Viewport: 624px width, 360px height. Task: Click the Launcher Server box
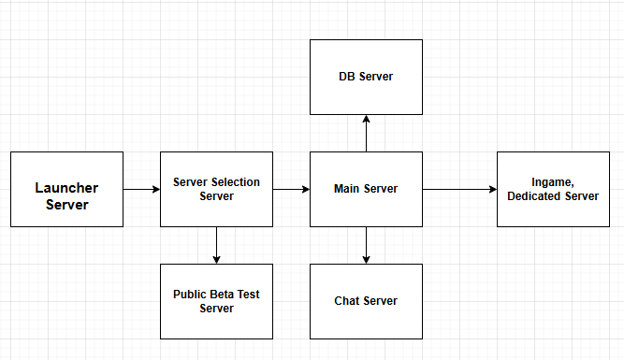tap(66, 189)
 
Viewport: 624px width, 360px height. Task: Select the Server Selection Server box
tap(216, 189)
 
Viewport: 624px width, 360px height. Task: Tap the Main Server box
tap(366, 189)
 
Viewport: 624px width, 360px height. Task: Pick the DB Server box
tap(366, 77)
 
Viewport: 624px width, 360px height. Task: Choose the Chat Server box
tap(366, 301)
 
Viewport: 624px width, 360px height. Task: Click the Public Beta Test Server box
tap(216, 301)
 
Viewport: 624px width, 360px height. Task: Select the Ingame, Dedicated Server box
tap(553, 189)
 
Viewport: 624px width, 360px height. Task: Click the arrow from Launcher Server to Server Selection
tap(141, 189)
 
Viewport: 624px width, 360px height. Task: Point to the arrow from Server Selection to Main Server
tap(291, 189)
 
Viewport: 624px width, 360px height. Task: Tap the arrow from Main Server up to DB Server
tap(366, 133)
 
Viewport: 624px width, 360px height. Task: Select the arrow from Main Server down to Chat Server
tap(366, 245)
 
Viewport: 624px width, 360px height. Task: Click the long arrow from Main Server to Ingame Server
tap(459, 189)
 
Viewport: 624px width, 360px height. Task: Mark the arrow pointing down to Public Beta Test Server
tap(216, 245)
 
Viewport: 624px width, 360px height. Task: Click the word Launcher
tap(66, 188)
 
